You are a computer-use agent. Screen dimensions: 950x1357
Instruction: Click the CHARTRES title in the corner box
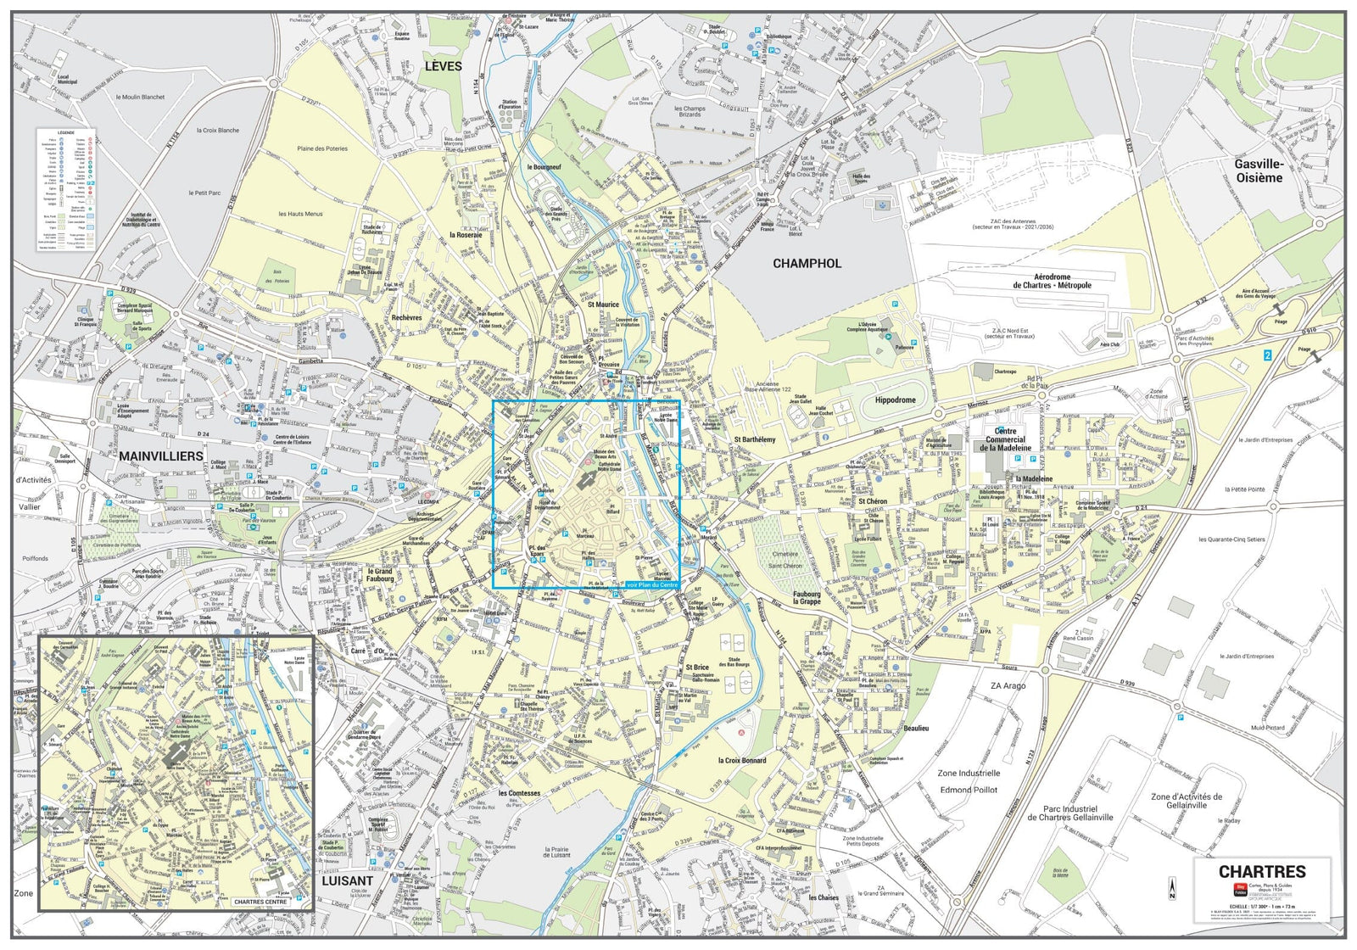(x=1262, y=871)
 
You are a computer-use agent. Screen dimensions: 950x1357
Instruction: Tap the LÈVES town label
(x=444, y=66)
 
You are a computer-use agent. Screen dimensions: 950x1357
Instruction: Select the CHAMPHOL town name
(x=807, y=264)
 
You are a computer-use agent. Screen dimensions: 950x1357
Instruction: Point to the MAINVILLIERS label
(x=161, y=456)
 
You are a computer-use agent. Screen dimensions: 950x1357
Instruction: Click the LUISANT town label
(x=347, y=880)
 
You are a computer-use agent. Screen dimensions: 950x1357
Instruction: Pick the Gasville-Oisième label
(x=1259, y=170)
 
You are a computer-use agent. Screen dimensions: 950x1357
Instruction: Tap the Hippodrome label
(x=896, y=400)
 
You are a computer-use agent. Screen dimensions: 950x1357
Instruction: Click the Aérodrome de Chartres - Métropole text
(x=1052, y=282)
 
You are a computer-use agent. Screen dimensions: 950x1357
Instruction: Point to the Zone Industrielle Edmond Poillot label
(x=969, y=781)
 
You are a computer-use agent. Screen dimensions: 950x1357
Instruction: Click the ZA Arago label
(x=1008, y=685)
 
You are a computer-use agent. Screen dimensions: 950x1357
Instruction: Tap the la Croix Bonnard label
(x=742, y=760)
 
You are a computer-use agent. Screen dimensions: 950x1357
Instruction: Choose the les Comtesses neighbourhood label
(x=519, y=793)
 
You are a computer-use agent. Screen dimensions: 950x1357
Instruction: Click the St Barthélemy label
(x=755, y=439)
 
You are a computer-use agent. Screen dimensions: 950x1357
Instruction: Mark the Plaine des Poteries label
(x=322, y=148)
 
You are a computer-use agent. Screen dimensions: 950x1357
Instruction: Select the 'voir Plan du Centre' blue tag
(x=651, y=584)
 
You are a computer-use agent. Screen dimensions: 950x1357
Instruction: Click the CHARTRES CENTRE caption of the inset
(x=260, y=902)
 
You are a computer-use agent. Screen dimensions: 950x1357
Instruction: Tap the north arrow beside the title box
(x=1173, y=888)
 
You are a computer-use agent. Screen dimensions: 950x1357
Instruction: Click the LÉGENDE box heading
(x=65, y=133)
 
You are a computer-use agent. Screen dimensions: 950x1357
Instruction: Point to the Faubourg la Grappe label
(x=807, y=597)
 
